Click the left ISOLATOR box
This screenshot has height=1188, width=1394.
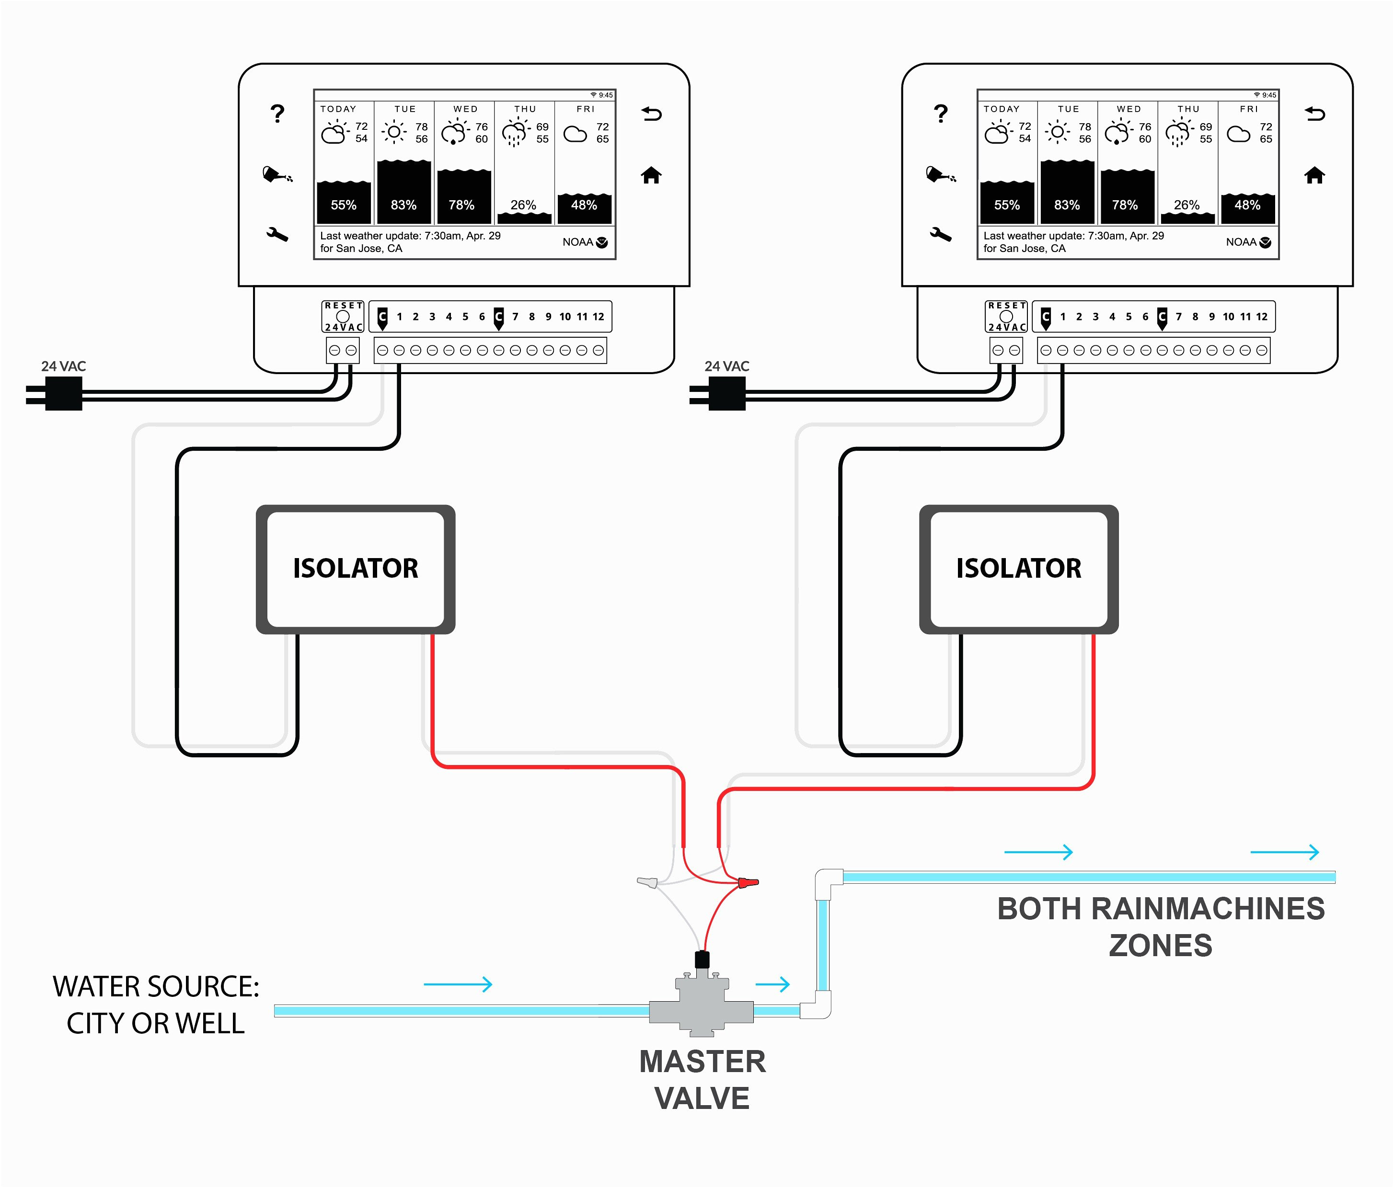(355, 569)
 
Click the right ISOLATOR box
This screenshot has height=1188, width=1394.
(1019, 569)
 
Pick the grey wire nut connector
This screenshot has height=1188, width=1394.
(647, 881)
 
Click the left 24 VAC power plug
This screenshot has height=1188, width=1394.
(55, 394)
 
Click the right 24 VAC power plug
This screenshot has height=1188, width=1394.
(718, 394)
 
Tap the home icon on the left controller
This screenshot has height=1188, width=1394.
(651, 175)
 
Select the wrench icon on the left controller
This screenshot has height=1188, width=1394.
(277, 234)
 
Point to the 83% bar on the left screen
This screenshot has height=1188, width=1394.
(403, 192)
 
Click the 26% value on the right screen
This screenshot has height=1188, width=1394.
(1187, 205)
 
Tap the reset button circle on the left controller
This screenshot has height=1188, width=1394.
(343, 316)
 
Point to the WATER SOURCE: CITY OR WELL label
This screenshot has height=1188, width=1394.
(156, 1005)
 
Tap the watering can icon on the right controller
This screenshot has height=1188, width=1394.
(941, 174)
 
